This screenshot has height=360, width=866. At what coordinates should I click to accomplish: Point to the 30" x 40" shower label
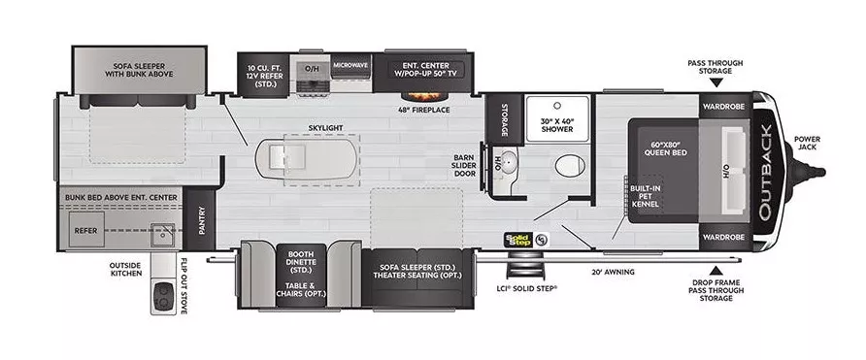click(x=557, y=124)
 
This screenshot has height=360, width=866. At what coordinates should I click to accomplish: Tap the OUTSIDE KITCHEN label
click(x=125, y=268)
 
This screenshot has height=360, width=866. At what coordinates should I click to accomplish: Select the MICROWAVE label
click(x=350, y=65)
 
